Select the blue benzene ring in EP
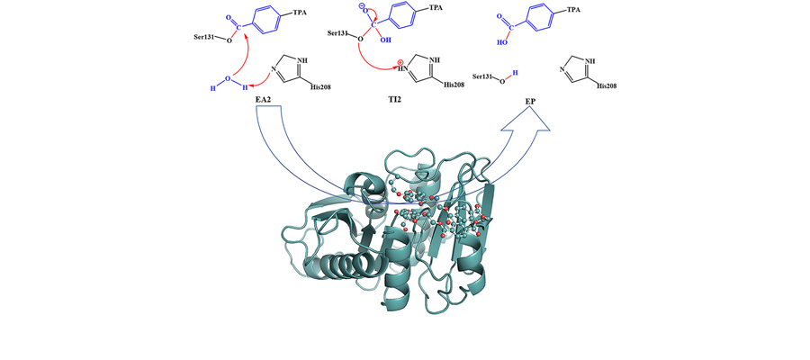point(544,20)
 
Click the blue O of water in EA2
point(228,78)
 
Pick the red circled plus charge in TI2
point(400,64)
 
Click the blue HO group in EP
point(502,43)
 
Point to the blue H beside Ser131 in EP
point(515,74)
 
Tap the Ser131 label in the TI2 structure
point(339,33)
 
